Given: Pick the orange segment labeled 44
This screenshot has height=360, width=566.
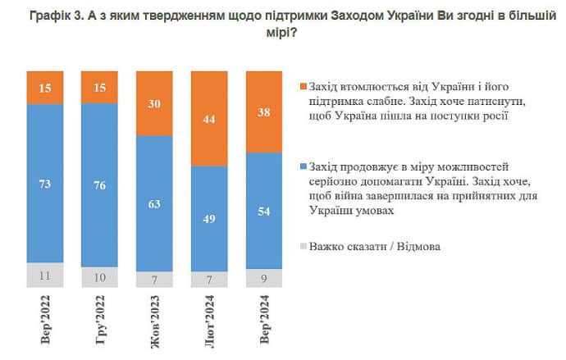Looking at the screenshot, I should click(x=209, y=119).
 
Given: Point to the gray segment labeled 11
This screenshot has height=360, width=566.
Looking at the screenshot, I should click(x=46, y=276).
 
